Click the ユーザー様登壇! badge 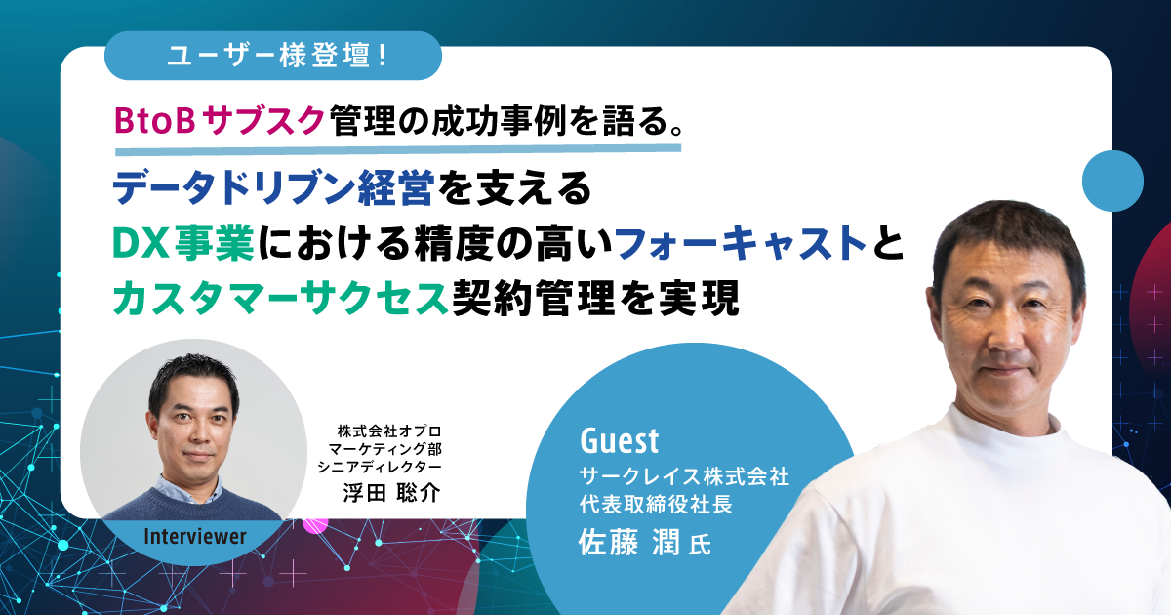tap(272, 55)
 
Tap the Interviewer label tap(194, 536)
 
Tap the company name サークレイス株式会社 tap(683, 477)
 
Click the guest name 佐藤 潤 tap(626, 543)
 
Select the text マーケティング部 tap(388, 448)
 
